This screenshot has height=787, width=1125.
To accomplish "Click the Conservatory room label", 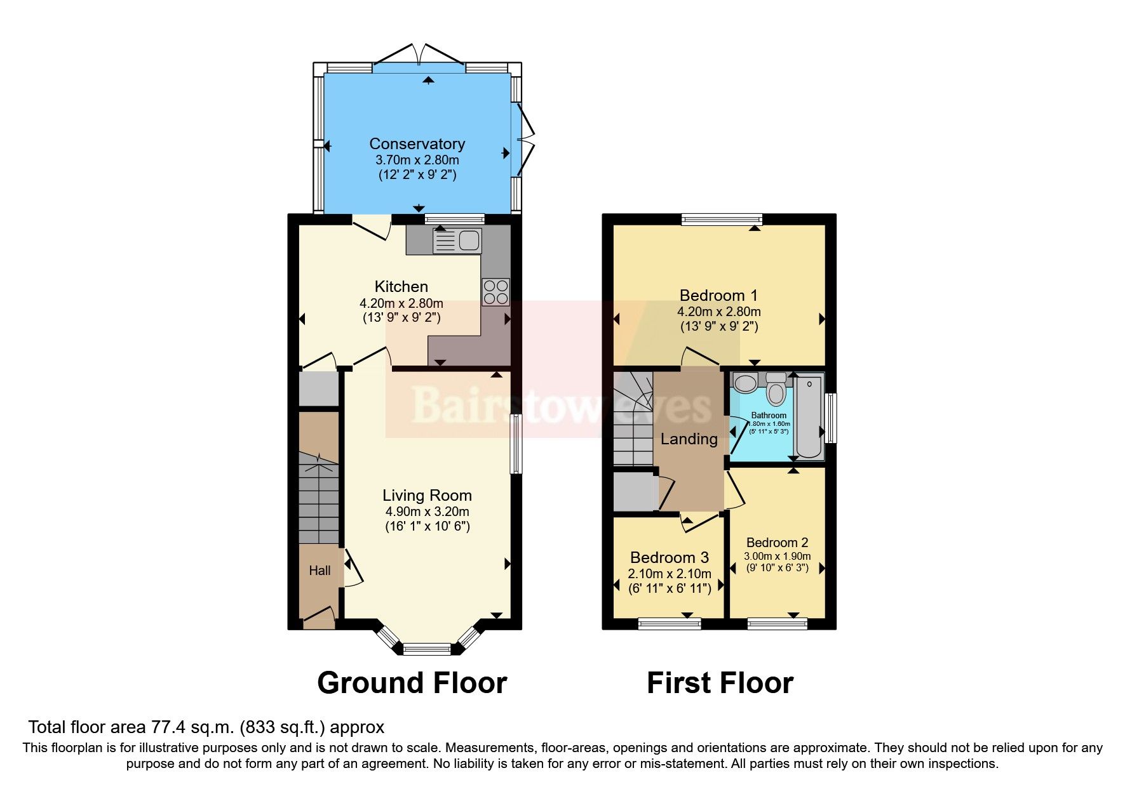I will pos(417,144).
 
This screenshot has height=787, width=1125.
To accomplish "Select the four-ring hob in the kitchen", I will pos(495,292).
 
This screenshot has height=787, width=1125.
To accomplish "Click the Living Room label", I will pos(427,496).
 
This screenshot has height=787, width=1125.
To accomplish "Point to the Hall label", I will pos(320,571).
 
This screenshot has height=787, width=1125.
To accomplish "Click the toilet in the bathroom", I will pos(776,388).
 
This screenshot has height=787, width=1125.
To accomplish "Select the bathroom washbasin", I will pos(745,383).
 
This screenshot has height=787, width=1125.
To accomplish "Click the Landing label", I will pos(689,439).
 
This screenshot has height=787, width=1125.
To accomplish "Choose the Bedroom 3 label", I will pos(669,557).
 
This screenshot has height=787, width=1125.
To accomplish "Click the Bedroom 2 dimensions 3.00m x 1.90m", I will pos(777,556).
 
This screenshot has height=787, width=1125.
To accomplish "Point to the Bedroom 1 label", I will pos(718,295).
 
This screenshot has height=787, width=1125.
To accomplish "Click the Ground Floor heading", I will pos(412,683).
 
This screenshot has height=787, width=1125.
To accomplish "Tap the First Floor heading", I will pos(720,683).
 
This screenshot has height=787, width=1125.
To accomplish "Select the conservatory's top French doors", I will pos(419,56).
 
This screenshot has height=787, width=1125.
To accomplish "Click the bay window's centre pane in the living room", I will pos(426,649).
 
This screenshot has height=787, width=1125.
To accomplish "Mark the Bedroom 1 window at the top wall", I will pos(722,220).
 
